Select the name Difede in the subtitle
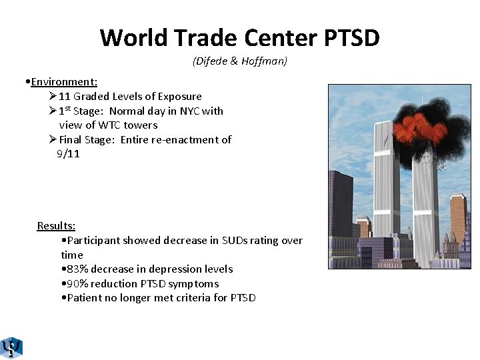pos(211,61)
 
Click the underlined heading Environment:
pos(64,82)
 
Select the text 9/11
pos(68,153)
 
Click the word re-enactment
pos(185,139)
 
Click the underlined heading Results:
pos(56,226)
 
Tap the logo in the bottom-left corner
pos(11,347)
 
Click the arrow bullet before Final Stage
pos(53,139)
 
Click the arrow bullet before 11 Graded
pos(53,96)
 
